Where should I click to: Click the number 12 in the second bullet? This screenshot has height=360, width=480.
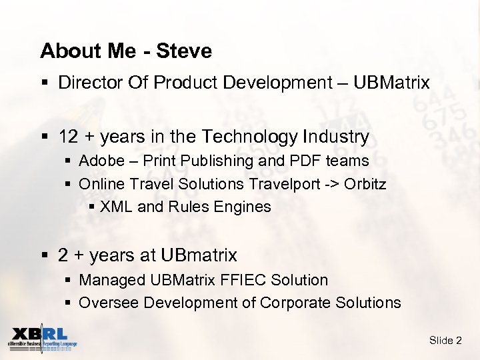click(68, 137)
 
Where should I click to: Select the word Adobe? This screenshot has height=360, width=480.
click(99, 161)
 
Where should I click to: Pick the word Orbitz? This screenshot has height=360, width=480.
click(365, 183)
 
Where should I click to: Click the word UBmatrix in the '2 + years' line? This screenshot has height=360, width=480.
click(203, 255)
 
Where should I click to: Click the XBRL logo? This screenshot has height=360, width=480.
click(41, 339)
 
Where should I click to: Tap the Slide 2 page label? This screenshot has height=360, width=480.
click(445, 341)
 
